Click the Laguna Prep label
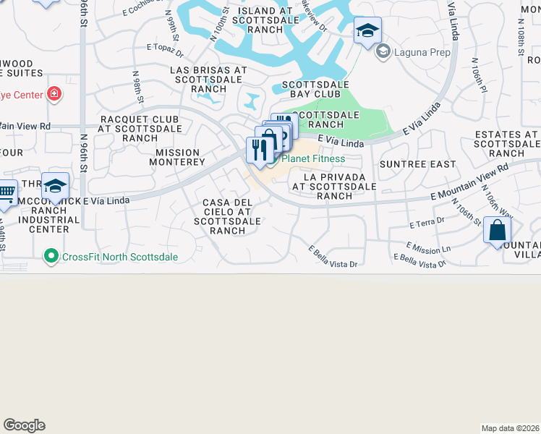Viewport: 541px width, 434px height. [421, 52]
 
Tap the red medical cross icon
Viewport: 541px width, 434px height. [54, 93]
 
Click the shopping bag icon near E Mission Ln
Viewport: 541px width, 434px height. [498, 231]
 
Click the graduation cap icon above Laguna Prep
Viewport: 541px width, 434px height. [367, 31]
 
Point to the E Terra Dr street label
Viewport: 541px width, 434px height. [425, 224]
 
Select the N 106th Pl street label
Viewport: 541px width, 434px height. [475, 76]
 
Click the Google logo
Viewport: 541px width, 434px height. [24, 425]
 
